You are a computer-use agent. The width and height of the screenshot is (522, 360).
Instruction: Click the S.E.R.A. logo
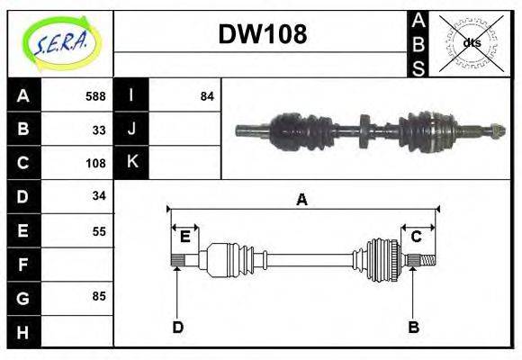(60, 43)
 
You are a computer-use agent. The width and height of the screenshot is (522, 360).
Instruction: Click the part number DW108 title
(262, 34)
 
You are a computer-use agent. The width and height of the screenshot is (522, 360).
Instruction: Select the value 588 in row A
(94, 96)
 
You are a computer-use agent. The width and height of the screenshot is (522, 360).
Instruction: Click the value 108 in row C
(94, 163)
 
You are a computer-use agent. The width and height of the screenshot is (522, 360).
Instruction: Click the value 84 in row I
(207, 96)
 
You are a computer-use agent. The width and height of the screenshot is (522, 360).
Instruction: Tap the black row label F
(23, 264)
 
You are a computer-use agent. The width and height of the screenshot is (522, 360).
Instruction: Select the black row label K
(131, 163)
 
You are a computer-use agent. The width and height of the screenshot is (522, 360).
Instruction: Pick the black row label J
(131, 130)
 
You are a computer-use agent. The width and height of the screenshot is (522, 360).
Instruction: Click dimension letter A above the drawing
(301, 200)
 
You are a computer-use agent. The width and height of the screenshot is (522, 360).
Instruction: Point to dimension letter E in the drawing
(184, 237)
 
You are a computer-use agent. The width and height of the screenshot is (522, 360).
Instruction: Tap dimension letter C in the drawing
(417, 237)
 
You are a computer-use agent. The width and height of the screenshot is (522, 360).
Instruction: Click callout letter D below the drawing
(177, 327)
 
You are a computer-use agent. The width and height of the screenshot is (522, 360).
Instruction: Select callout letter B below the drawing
(413, 327)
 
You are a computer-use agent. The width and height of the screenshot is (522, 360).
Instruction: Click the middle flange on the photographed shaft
(363, 130)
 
